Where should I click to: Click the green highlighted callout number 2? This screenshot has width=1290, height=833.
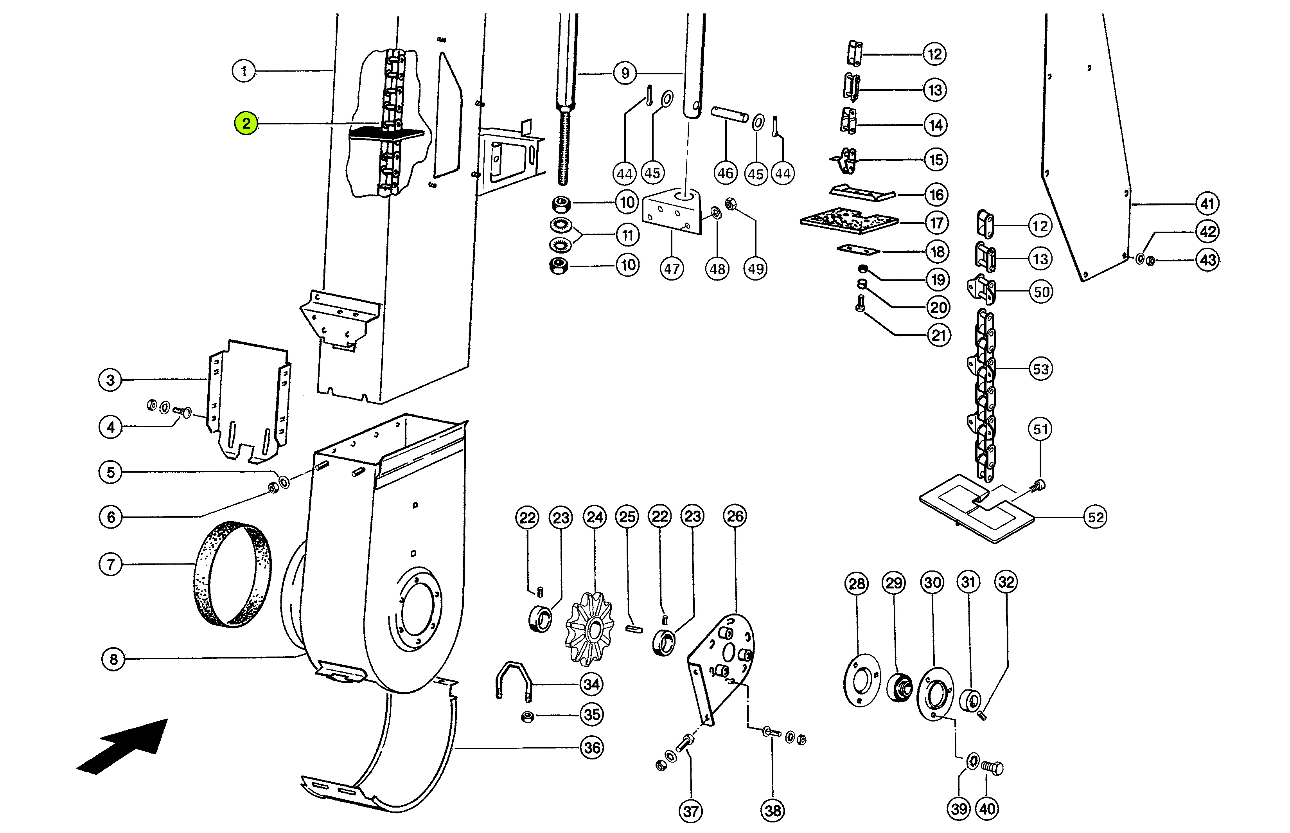coord(246,123)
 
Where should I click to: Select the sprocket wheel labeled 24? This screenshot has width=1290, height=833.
coord(590,628)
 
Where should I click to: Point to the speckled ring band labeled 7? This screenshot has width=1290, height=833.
coord(232,574)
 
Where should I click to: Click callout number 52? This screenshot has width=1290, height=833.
coord(1095,517)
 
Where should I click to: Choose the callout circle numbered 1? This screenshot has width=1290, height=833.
coord(244,71)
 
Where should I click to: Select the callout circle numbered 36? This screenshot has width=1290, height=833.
coord(592,748)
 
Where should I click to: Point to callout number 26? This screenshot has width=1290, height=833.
coord(735,516)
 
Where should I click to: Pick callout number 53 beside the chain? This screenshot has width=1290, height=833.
coord(1041,369)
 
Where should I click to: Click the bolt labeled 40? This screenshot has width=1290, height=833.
coord(992,768)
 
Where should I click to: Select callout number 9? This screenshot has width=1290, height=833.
coord(625,73)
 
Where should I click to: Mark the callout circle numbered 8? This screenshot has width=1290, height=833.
coord(113,659)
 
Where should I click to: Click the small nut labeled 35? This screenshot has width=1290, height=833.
coord(528,717)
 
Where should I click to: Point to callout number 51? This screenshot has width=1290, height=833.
coord(1040,430)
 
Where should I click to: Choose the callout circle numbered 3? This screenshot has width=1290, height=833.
coord(110,380)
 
